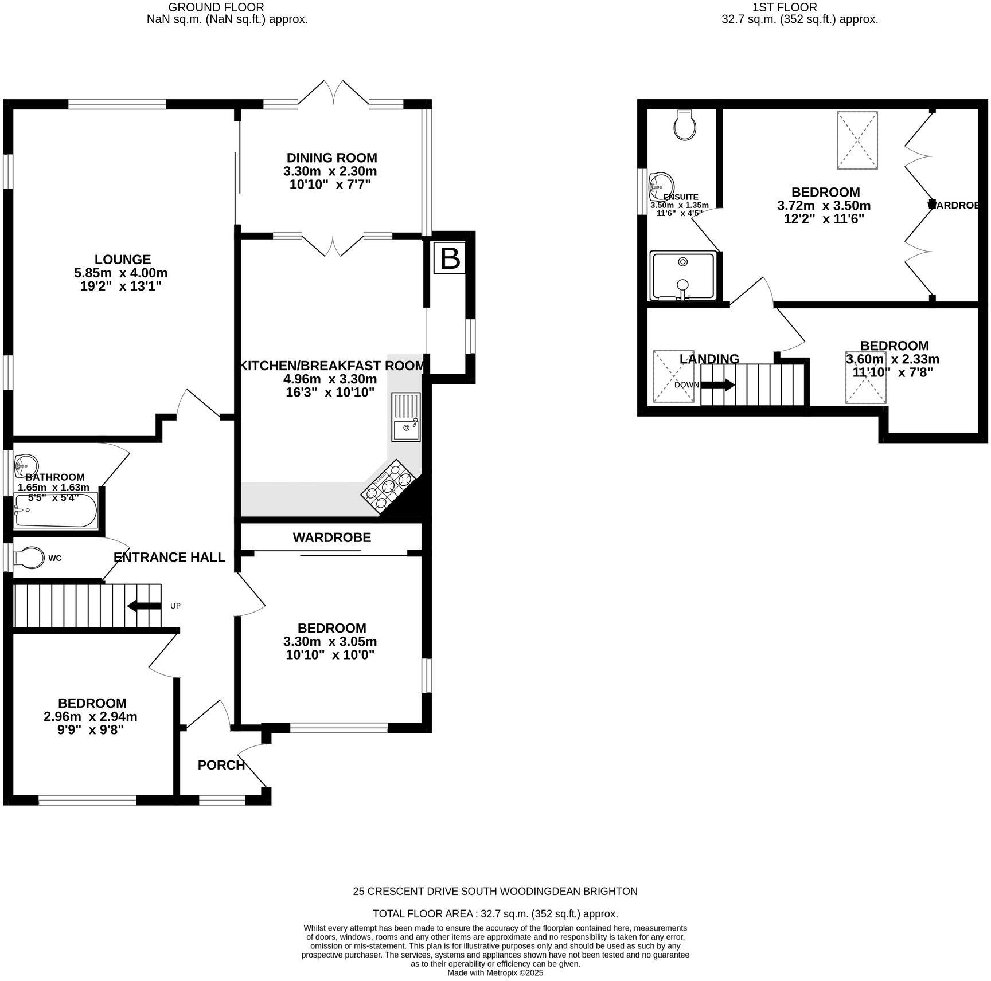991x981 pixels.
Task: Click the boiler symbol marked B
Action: click(449, 259)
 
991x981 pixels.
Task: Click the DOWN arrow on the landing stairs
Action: click(717, 385)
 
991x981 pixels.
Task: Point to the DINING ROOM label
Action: click(331, 158)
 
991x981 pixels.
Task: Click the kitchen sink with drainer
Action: click(406, 417)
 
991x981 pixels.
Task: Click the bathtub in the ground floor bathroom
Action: click(56, 510)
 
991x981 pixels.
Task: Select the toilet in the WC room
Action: click(29, 558)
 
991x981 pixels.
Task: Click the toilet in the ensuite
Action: click(685, 125)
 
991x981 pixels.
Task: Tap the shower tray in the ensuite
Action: click(682, 276)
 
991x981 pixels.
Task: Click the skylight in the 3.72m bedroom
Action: click(857, 140)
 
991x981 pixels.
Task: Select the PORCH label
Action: click(221, 765)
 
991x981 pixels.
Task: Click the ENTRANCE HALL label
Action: click(169, 558)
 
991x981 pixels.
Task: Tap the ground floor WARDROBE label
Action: click(331, 537)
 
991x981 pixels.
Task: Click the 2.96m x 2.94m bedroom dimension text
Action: click(91, 717)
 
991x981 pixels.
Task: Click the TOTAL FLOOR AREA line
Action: click(495, 914)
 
